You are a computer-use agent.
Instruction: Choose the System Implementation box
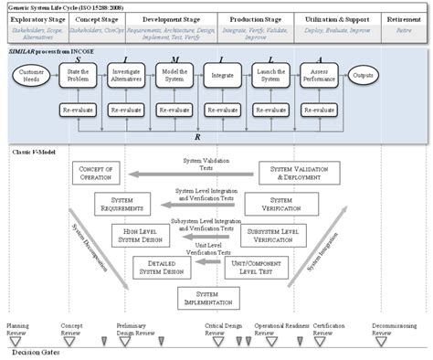207,298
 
